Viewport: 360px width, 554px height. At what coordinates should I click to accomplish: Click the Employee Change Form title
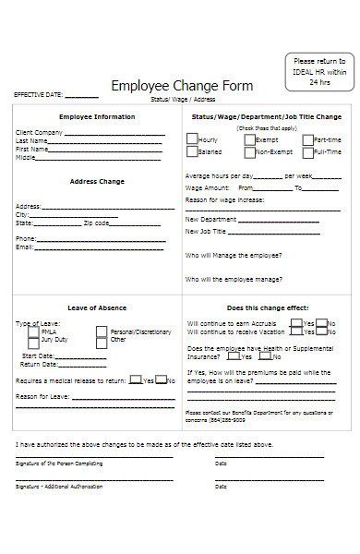point(181,85)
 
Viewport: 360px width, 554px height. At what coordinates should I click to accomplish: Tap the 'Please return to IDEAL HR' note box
point(316,71)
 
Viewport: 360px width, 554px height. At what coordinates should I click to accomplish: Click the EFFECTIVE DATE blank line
point(82,95)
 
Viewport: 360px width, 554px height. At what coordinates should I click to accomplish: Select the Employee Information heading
point(97,117)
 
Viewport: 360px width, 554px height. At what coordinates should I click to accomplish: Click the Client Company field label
point(40,133)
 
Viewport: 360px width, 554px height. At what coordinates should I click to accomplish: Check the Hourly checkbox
point(191,139)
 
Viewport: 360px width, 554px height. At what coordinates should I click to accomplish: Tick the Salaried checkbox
point(191,151)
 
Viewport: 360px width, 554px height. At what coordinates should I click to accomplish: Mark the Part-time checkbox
point(307,139)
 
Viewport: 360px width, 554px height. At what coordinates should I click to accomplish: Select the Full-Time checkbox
point(307,151)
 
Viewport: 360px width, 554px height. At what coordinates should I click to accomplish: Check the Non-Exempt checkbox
point(249,151)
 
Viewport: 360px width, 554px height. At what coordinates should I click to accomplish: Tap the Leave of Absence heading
point(97,307)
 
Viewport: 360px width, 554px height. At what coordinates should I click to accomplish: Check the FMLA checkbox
point(33,331)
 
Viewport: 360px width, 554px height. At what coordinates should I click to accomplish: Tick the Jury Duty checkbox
point(33,340)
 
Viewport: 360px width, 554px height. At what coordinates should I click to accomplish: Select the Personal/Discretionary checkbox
point(102,331)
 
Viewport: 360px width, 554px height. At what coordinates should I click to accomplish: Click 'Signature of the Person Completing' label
point(59,463)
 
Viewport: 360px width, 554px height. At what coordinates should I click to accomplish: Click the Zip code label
point(97,223)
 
